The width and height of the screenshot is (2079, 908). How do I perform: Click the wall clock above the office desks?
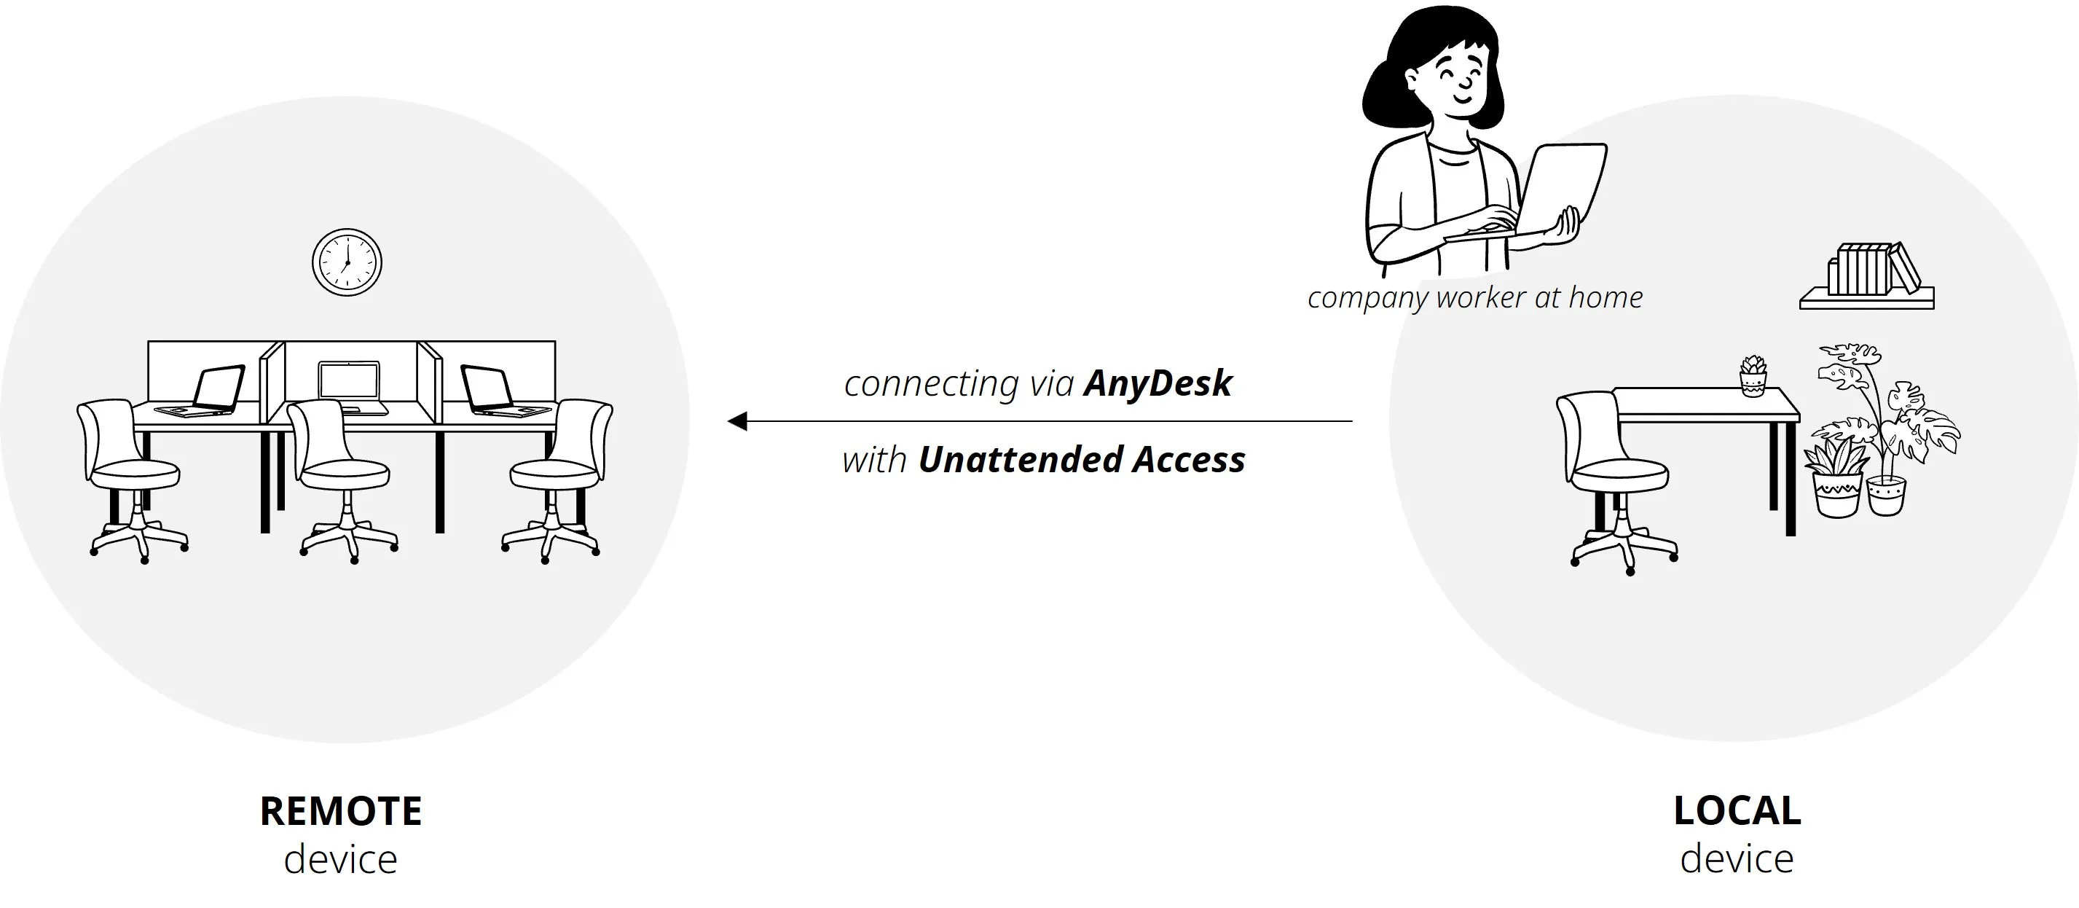(x=347, y=262)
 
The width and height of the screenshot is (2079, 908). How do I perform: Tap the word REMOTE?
(x=341, y=811)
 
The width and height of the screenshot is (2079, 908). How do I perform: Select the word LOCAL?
(x=1737, y=811)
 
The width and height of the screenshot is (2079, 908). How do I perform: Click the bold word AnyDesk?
(x=1158, y=383)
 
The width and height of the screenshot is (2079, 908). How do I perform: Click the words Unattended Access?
(x=1082, y=460)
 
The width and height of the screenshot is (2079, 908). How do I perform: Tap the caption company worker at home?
(x=1474, y=298)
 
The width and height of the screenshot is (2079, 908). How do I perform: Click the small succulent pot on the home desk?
(x=1752, y=377)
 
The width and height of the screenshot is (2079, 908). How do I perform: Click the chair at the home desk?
(x=1614, y=476)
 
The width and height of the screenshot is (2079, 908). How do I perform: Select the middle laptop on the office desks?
(x=350, y=384)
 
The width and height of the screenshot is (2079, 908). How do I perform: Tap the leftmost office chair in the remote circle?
(x=129, y=476)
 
